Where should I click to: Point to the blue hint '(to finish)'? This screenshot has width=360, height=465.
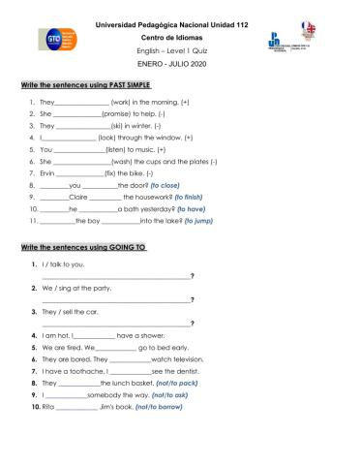[195, 196]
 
